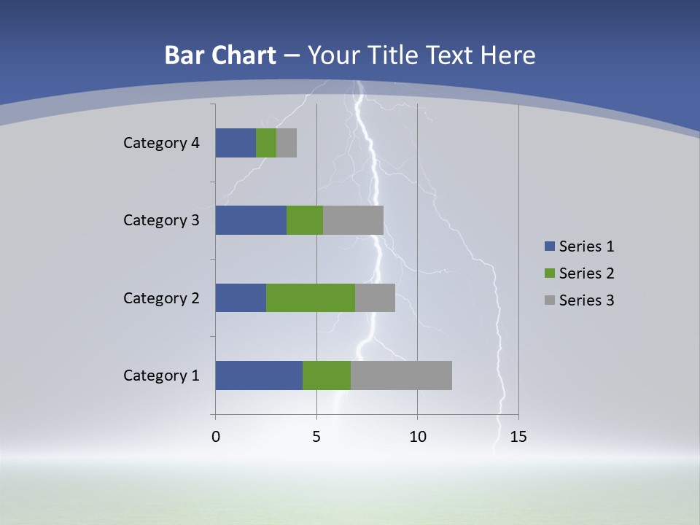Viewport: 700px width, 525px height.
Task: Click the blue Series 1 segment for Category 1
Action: click(x=259, y=376)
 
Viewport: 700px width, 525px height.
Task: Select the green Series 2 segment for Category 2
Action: click(x=311, y=297)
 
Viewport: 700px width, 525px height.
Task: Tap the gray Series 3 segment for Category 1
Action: click(x=401, y=376)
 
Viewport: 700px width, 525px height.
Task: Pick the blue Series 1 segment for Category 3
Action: click(x=251, y=220)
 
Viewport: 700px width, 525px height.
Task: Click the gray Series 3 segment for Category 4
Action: click(x=287, y=143)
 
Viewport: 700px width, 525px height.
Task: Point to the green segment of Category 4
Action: click(x=266, y=143)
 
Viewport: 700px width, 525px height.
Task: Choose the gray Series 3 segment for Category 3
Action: click(x=353, y=220)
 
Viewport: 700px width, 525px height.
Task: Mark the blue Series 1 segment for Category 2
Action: click(x=241, y=297)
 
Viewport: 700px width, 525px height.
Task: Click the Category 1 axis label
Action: click(x=161, y=376)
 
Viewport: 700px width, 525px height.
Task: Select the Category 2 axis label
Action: click(x=161, y=297)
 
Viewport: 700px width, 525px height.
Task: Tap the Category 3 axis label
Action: click(x=161, y=220)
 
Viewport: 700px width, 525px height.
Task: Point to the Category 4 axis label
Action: click(x=161, y=143)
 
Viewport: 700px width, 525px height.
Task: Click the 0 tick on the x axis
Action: click(x=216, y=437)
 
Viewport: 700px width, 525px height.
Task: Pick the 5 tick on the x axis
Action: click(x=316, y=437)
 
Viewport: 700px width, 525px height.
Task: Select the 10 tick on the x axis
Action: click(x=417, y=437)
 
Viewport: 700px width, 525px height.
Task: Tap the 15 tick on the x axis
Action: click(x=518, y=437)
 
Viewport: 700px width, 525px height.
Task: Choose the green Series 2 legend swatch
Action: click(x=549, y=273)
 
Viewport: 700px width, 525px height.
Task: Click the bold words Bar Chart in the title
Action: click(x=220, y=55)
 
